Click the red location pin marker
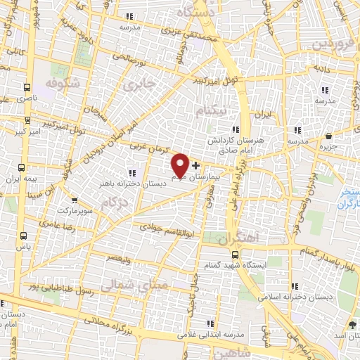click(180, 165)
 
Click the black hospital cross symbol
click(195, 165)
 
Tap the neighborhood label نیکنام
click(213, 111)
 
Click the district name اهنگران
click(238, 240)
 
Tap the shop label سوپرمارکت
click(75, 210)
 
